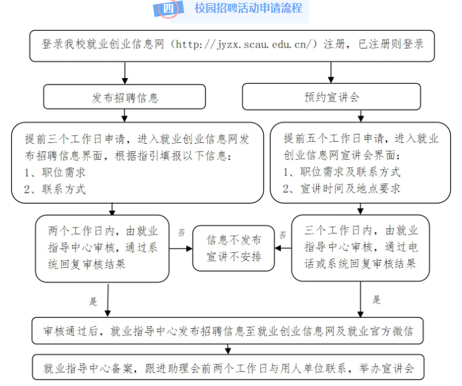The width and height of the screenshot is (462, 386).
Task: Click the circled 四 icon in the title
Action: pyautogui.click(x=169, y=8)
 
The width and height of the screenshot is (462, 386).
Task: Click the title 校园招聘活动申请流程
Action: pyautogui.click(x=249, y=8)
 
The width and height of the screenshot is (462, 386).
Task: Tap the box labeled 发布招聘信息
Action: pyautogui.click(x=124, y=97)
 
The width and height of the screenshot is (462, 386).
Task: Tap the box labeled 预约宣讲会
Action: pyautogui.click(x=331, y=97)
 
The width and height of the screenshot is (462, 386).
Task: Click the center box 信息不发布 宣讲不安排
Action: pyautogui.click(x=234, y=248)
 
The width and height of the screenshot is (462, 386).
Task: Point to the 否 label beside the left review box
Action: pyautogui.click(x=182, y=233)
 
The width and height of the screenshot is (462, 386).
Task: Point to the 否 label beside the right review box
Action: pyautogui.click(x=283, y=235)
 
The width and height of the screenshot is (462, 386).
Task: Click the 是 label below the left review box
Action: pyautogui.click(x=93, y=302)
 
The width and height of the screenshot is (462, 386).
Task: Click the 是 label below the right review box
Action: pyautogui.click(x=377, y=300)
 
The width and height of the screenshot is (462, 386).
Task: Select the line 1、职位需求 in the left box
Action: pyautogui.click(x=55, y=172)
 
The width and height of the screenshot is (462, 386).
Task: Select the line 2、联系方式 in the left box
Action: pyautogui.click(x=55, y=189)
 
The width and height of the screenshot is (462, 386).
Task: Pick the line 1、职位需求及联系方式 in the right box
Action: pyautogui.click(x=342, y=172)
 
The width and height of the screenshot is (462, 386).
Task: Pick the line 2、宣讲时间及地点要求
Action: pyautogui.click(x=342, y=188)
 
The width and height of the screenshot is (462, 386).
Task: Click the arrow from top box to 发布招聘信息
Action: pyautogui.click(x=125, y=73)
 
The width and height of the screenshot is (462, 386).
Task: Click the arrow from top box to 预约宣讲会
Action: pyautogui.click(x=331, y=72)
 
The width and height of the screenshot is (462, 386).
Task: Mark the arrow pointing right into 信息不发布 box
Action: pyautogui.click(x=181, y=249)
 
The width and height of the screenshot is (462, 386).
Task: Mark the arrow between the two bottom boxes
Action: pyautogui.click(x=228, y=349)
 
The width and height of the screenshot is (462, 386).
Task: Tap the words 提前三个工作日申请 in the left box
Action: pyautogui.click(x=75, y=139)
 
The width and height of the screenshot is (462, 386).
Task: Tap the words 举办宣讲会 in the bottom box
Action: pyautogui.click(x=387, y=368)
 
